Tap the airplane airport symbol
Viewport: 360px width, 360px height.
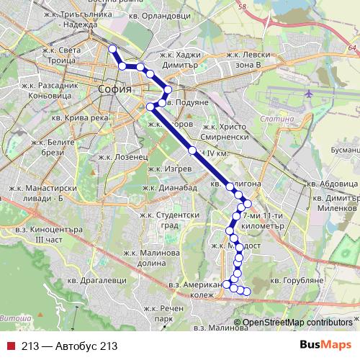[x=310, y=94]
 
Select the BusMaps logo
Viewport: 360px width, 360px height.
[x=325, y=346]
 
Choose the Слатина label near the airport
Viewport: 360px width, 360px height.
[x=277, y=118]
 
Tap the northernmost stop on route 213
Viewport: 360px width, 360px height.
[x=112, y=49]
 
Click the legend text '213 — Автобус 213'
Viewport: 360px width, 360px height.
[x=69, y=346]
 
